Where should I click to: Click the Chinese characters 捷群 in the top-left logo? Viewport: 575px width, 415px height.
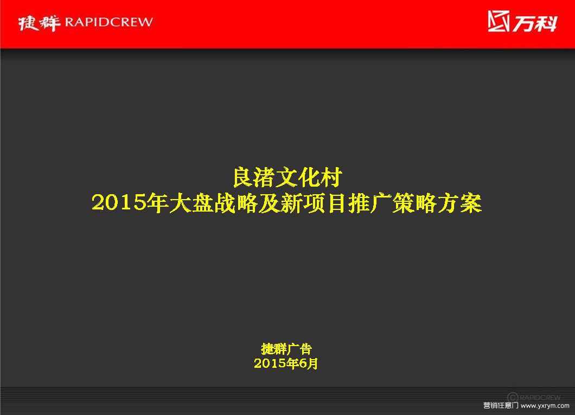coord(39,23)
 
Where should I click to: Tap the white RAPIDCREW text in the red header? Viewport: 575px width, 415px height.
coord(108,22)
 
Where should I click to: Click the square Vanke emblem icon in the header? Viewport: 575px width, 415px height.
coord(499,21)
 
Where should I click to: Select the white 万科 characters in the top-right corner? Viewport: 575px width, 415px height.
coord(535,23)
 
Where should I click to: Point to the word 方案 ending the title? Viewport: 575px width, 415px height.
coord(459,203)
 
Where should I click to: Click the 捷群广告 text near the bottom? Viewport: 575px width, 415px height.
coord(286,349)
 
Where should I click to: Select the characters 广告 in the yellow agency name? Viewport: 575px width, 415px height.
coord(299,349)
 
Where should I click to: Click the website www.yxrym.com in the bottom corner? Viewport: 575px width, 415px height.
coord(545,405)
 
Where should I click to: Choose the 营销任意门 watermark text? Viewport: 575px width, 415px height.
coord(500,405)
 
